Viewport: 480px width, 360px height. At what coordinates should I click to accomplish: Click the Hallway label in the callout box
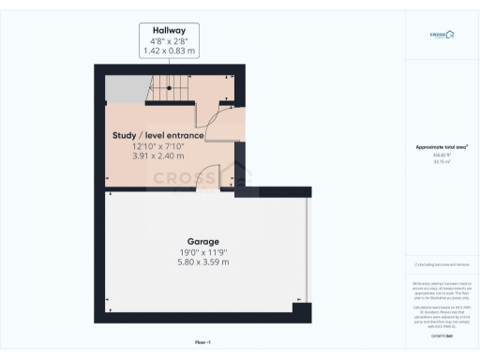pos(169,30)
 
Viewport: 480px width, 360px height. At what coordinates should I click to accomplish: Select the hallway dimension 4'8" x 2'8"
pos(169,40)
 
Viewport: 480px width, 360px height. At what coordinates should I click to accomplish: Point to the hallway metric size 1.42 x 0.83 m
pos(169,51)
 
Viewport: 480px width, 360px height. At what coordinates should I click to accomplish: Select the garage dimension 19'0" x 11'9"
pos(203,251)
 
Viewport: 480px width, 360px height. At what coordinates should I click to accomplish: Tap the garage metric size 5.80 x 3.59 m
pos(203,262)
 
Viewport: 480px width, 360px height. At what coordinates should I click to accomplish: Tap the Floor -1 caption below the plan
pos(203,343)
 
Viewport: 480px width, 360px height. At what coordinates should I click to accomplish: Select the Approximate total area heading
pos(442,147)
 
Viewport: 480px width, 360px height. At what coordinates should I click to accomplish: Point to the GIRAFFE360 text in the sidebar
pos(442,336)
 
